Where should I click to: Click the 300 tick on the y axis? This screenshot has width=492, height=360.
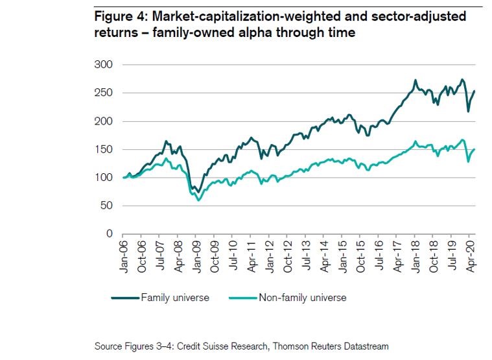point(104,65)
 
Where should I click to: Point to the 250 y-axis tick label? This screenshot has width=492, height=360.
point(104,93)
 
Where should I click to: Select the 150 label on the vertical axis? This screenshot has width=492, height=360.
point(104,149)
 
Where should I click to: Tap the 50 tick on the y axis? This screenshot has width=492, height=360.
point(106,206)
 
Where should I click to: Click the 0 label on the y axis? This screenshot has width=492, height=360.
point(110,234)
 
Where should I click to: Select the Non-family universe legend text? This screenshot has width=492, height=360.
point(302,298)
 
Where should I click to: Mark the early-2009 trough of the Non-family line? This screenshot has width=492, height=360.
point(198,200)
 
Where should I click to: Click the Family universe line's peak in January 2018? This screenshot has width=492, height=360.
point(415,80)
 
